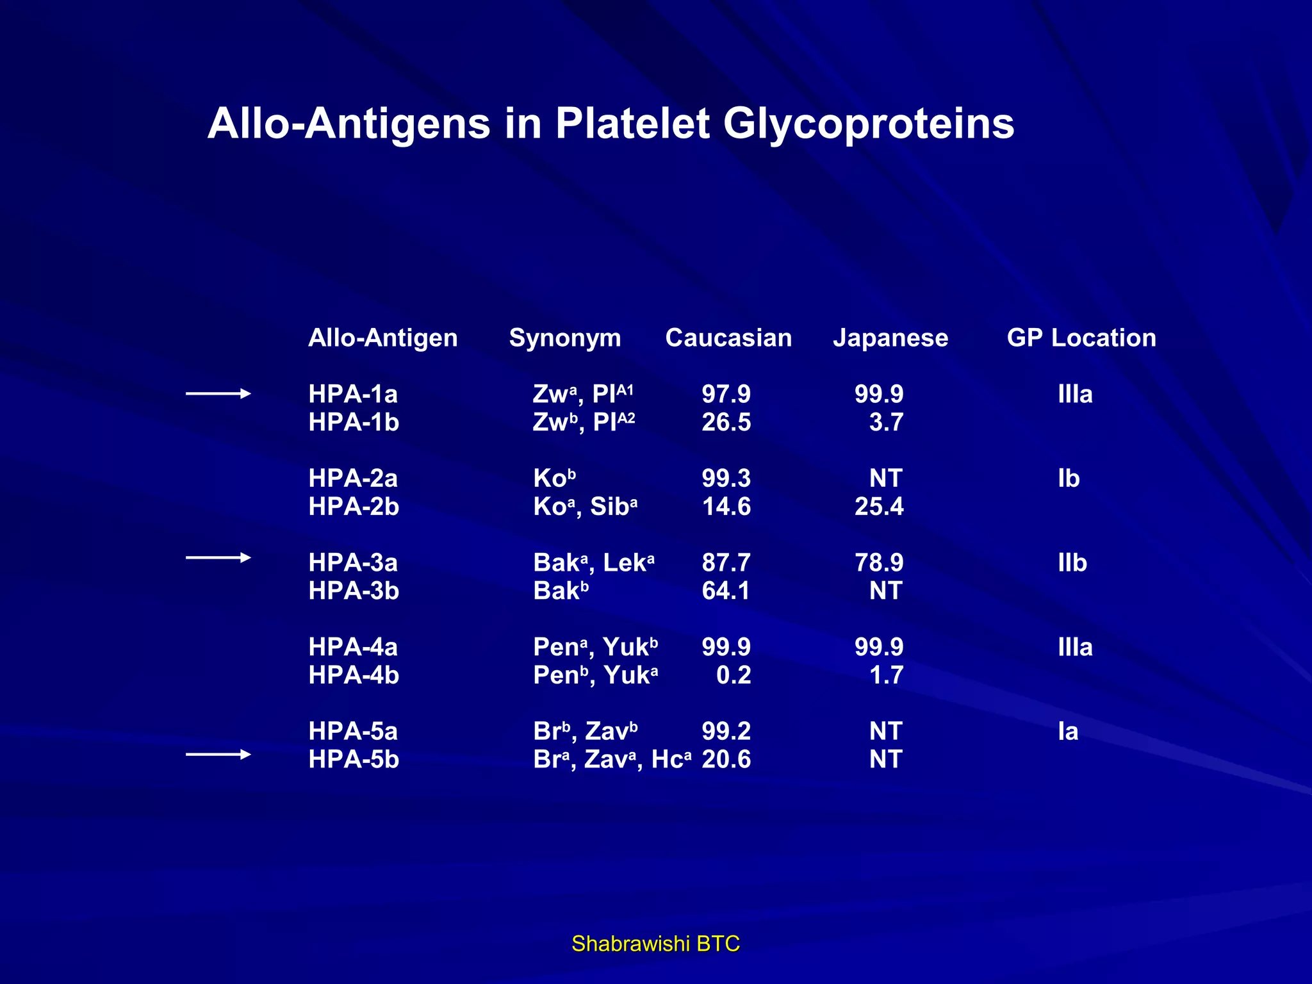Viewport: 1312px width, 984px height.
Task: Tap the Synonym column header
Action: [x=564, y=338]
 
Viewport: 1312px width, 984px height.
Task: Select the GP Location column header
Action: [x=1081, y=338]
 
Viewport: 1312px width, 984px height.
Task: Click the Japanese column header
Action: [x=890, y=338]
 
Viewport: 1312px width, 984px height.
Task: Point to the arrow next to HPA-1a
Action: [x=218, y=394]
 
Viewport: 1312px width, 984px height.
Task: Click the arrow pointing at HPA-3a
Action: [x=218, y=558]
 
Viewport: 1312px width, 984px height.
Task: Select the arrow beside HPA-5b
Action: [x=218, y=755]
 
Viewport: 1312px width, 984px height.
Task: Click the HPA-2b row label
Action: [x=354, y=507]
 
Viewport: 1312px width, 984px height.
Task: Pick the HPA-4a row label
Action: [x=353, y=647]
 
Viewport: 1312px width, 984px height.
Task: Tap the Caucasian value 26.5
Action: [x=726, y=422]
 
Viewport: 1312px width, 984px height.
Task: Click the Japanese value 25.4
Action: [x=879, y=507]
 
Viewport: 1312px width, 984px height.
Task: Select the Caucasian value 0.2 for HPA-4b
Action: [x=734, y=675]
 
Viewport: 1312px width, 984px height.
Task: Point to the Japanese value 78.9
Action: [x=879, y=562]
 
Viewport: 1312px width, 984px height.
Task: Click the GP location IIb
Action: [x=1072, y=562]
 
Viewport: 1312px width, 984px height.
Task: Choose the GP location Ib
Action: [x=1069, y=479]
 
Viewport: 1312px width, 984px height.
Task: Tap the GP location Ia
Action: [x=1068, y=732]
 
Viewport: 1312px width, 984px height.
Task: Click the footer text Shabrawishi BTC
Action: [x=655, y=944]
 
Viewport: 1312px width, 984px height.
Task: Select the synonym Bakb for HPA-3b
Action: [x=561, y=591]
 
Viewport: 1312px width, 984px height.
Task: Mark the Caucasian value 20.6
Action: [x=726, y=760]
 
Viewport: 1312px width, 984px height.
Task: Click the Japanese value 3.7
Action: [x=886, y=422]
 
